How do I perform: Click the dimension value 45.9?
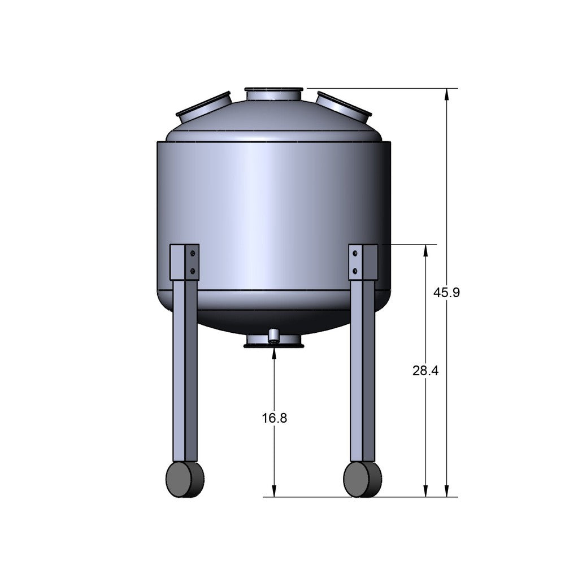tap(446, 293)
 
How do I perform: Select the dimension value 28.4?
tap(425, 371)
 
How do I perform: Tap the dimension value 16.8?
tap(275, 418)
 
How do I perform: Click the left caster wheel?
tap(185, 479)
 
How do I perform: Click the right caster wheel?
tap(362, 479)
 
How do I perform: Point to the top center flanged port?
tap(274, 94)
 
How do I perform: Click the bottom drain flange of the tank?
tap(274, 341)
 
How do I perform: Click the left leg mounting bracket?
tap(185, 262)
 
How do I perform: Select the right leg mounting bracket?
tap(363, 262)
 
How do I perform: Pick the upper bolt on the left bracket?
tap(193, 254)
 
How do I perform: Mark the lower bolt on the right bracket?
tap(355, 272)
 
